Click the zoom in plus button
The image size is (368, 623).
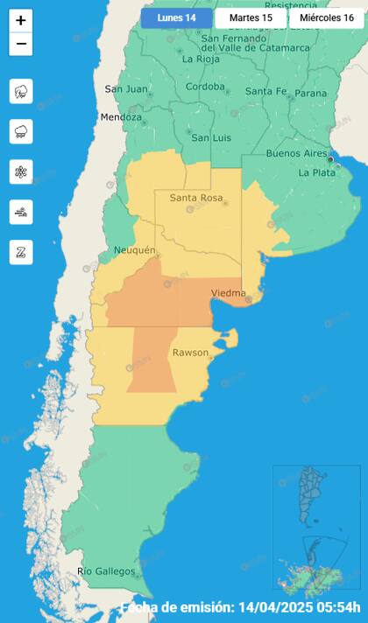(21, 20)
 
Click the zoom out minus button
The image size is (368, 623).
(21, 44)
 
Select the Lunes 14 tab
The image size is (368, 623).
(176, 17)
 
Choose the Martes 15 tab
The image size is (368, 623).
(251, 17)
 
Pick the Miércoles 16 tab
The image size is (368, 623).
(326, 17)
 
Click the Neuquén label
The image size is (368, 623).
(134, 251)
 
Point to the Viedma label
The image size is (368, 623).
(228, 292)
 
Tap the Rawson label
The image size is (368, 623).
(189, 353)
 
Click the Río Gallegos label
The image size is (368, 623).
(106, 571)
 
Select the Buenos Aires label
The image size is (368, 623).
(295, 153)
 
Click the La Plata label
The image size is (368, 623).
(315, 172)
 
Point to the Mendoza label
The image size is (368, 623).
(121, 117)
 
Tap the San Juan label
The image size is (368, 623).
(125, 89)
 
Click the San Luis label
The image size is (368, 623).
(211, 138)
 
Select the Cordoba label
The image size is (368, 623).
(205, 87)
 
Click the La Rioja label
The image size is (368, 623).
(200, 59)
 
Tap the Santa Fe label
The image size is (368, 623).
(265, 91)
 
